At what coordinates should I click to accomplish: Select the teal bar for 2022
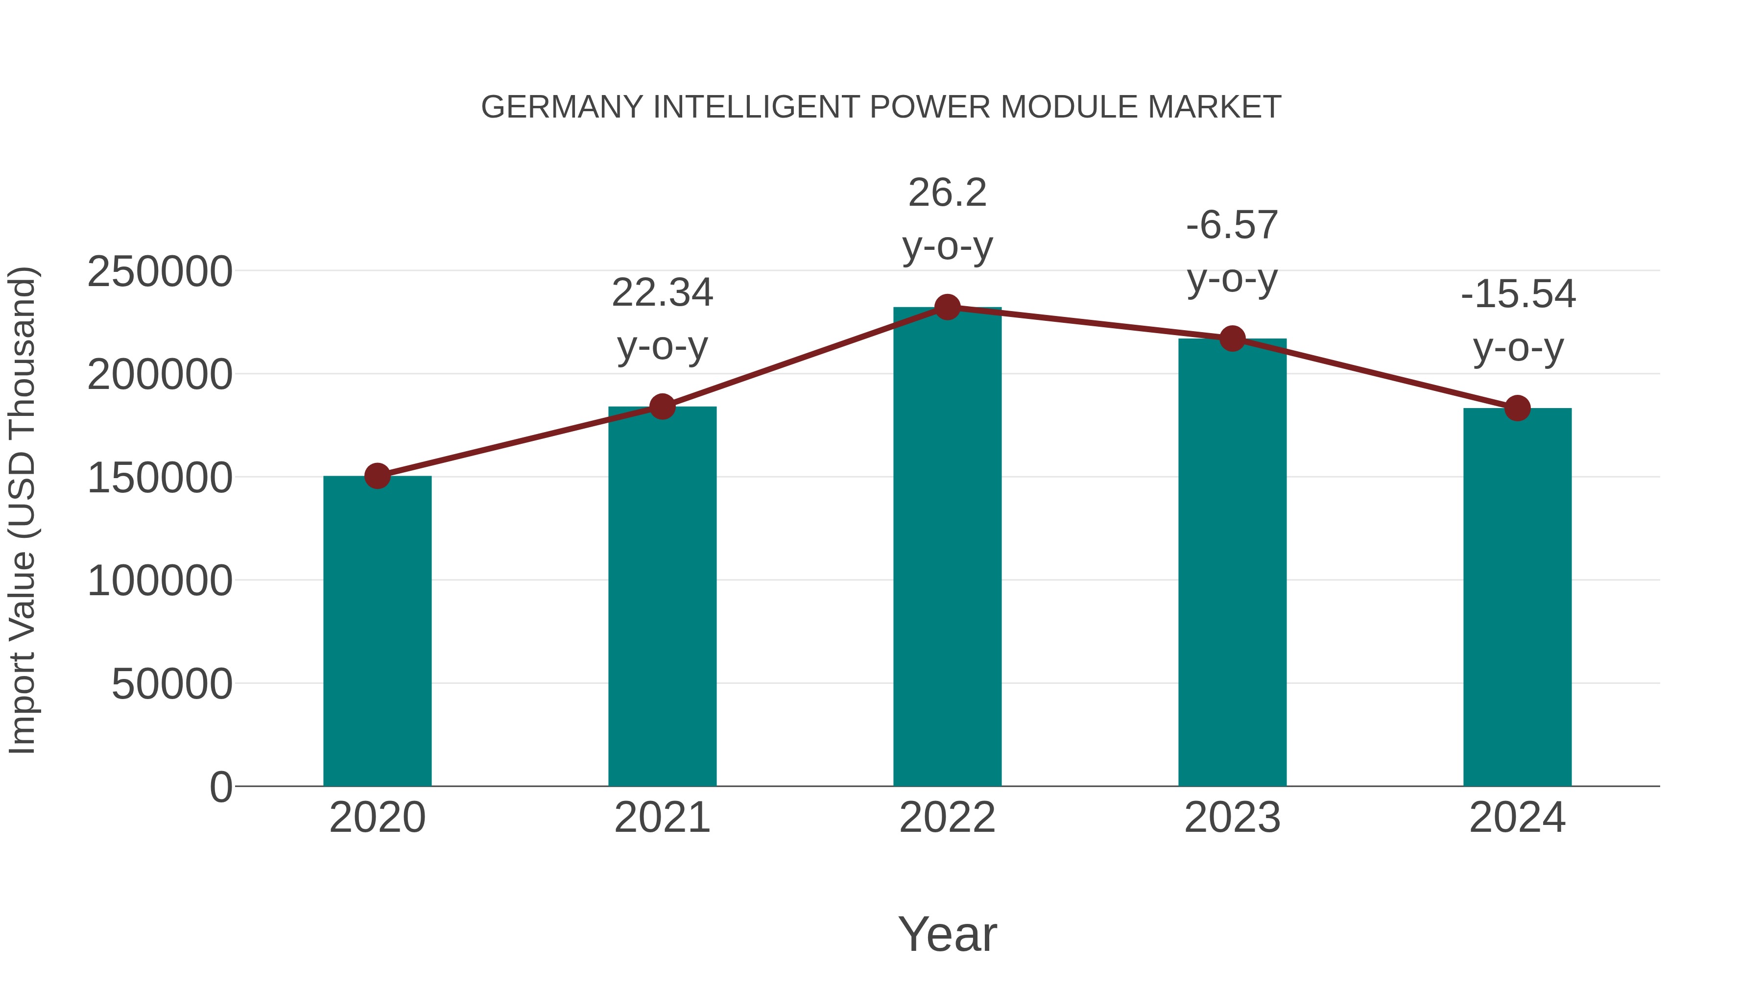[947, 548]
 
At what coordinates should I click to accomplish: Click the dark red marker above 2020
[377, 476]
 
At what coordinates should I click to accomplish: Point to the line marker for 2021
[662, 407]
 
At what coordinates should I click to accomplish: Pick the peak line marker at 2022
[947, 307]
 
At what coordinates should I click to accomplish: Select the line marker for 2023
[1232, 339]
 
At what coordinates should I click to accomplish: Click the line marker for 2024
[1517, 408]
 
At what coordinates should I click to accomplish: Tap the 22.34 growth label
[662, 293]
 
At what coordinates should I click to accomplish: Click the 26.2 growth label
[947, 193]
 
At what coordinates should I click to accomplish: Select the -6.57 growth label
[1232, 225]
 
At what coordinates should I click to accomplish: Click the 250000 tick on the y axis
[160, 272]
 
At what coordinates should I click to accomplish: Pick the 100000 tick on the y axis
[160, 581]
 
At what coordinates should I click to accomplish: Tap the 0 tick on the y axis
[220, 787]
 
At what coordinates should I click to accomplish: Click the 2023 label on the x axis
[1232, 818]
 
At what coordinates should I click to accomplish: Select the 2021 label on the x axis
[662, 818]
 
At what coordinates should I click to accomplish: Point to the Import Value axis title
[22, 510]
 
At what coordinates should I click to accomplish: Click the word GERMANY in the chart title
[563, 107]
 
